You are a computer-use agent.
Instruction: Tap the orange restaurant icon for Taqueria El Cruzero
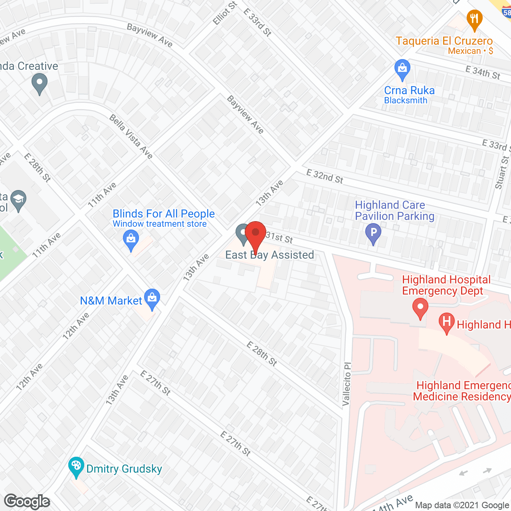pos(474,20)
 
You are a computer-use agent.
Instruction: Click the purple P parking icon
pos(373,233)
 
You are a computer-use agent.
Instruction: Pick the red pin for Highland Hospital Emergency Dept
pos(420,308)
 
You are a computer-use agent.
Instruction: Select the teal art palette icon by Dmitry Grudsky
pos(75,466)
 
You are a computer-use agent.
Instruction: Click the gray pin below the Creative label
pos(39,84)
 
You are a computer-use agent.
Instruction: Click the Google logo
pos(27,501)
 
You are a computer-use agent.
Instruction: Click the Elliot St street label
pos(225,13)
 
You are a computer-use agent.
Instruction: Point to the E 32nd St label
pos(325,176)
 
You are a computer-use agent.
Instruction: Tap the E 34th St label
pos(483,73)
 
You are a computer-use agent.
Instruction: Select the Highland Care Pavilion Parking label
pos(394,210)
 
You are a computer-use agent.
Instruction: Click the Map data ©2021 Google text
pos(462,505)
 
